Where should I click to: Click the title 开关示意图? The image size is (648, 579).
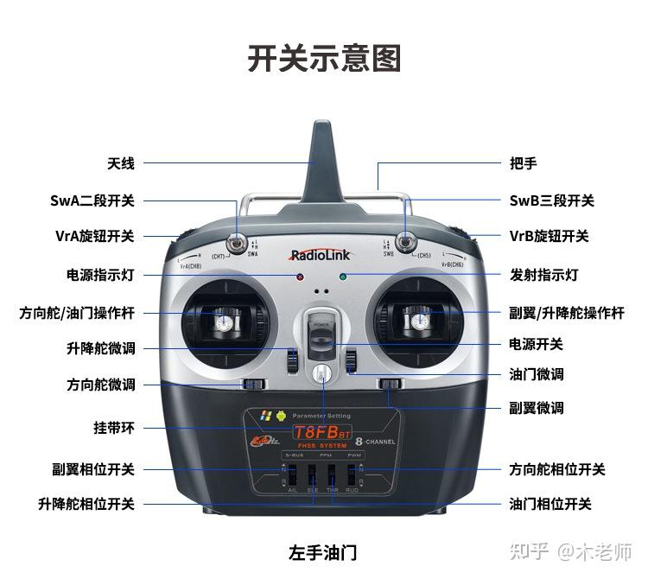pos(324,59)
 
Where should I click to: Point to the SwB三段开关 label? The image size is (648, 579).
pos(552,200)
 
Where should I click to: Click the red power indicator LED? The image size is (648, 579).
pos(300,278)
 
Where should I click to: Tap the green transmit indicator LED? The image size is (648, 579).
pos(344,278)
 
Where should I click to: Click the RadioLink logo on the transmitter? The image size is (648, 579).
pos(321,255)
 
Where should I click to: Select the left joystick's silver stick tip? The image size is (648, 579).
pos(223,322)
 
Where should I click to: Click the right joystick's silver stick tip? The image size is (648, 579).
pos(422,322)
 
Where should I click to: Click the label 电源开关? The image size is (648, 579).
pos(536,344)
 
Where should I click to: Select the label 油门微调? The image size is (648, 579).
pos(536,374)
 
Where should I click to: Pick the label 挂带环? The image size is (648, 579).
pos(114,428)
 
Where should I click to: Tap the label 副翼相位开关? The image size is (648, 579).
pos(92,469)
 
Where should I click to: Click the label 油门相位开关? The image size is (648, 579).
pos(550,504)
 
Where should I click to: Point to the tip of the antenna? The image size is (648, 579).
pos(322,123)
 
